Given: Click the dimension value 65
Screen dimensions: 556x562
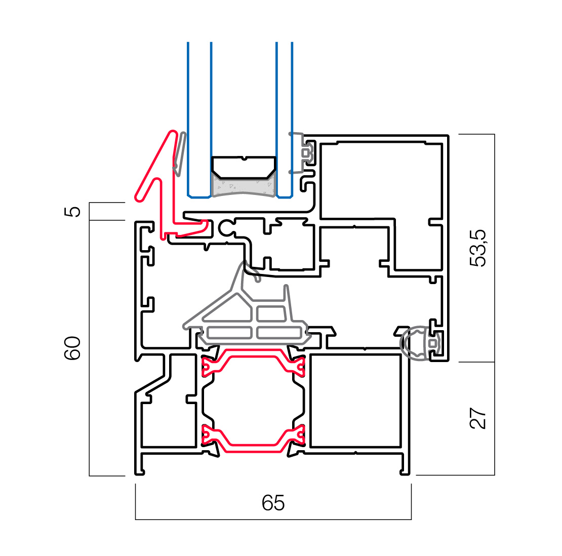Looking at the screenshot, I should point(273,503).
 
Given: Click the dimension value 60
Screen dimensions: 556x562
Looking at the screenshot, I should point(73,348).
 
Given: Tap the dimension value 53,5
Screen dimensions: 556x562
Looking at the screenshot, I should point(477,248).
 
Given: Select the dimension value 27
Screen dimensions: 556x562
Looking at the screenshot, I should point(477,418).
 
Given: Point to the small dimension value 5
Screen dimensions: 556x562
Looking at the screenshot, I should point(74,211).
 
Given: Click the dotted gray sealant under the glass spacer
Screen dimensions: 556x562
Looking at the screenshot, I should point(244,187).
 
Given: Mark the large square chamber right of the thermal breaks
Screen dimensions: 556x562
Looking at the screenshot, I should point(355,401).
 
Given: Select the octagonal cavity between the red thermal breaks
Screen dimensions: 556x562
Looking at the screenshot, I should point(253,400).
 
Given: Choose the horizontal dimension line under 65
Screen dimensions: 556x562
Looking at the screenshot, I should point(273,519).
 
